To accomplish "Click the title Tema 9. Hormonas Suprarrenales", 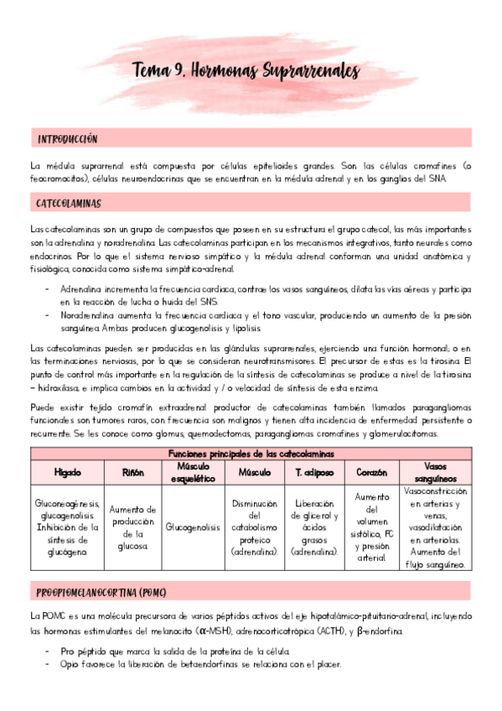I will click(x=245, y=72).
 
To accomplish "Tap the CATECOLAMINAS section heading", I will click(x=69, y=204).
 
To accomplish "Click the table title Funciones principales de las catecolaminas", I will click(x=251, y=453).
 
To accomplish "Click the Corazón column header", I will click(x=371, y=471).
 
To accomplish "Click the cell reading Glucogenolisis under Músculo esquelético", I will click(x=194, y=528).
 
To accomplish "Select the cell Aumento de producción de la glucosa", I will click(x=133, y=528).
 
